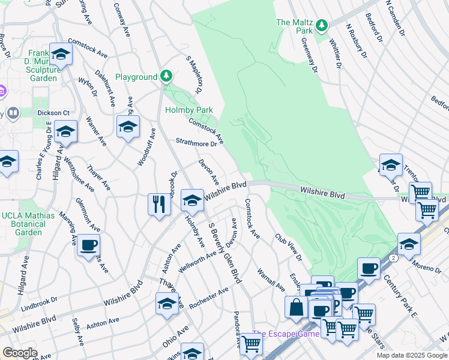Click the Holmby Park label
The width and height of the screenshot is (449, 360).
189,110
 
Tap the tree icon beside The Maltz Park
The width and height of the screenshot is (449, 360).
322,25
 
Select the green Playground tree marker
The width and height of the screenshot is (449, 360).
166,76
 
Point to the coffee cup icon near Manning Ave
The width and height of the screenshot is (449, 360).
88,244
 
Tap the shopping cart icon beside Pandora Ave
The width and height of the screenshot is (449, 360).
250,344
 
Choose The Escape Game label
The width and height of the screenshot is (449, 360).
285,334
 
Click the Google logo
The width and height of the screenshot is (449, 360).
20,353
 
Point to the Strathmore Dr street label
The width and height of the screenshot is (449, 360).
196,143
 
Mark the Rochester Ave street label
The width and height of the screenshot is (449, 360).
208,298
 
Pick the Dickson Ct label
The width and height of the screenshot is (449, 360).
54,112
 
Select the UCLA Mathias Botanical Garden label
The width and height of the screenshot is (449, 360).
28,224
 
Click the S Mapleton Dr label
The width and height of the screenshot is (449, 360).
193,75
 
